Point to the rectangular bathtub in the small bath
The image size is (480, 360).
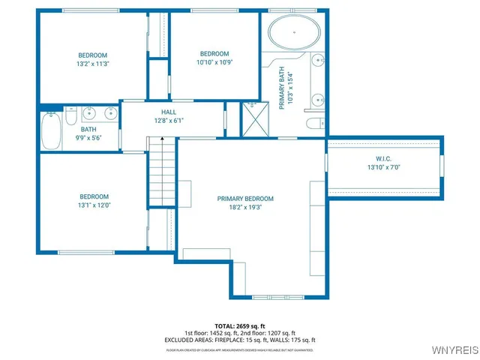(x=51, y=131)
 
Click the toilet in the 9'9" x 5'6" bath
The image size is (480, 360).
(x=70, y=116)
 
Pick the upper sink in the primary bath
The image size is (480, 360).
(x=318, y=63)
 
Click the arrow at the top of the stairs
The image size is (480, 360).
(x=160, y=140)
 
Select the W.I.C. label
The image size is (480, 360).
(x=384, y=158)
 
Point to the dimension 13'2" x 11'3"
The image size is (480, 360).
(x=93, y=64)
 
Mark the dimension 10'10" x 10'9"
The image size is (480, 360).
(x=214, y=63)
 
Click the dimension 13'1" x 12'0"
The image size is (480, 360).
(x=93, y=205)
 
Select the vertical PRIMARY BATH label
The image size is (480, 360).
(x=282, y=91)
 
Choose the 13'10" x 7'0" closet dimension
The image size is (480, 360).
(x=384, y=167)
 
